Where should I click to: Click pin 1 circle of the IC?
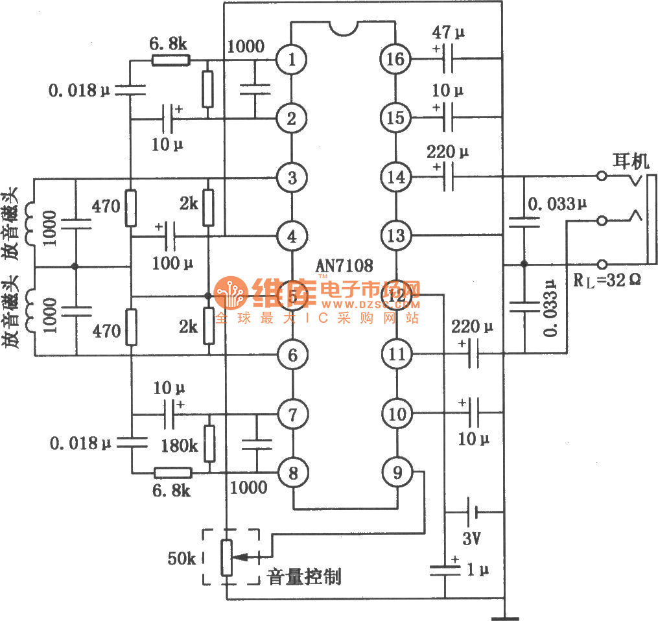[x=292, y=60]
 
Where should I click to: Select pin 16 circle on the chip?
[x=395, y=60]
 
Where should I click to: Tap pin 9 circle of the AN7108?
[x=395, y=472]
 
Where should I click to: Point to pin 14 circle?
[x=395, y=176]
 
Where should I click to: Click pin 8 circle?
[x=293, y=473]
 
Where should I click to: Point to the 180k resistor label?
[x=180, y=445]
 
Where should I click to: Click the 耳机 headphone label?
[x=630, y=160]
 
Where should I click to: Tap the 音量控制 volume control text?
[x=304, y=577]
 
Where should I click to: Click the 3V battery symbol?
[x=473, y=513]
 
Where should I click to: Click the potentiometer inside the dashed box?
[x=226, y=557]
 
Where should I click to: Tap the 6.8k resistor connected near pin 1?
[x=170, y=60]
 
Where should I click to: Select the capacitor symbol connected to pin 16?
[x=447, y=60]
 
